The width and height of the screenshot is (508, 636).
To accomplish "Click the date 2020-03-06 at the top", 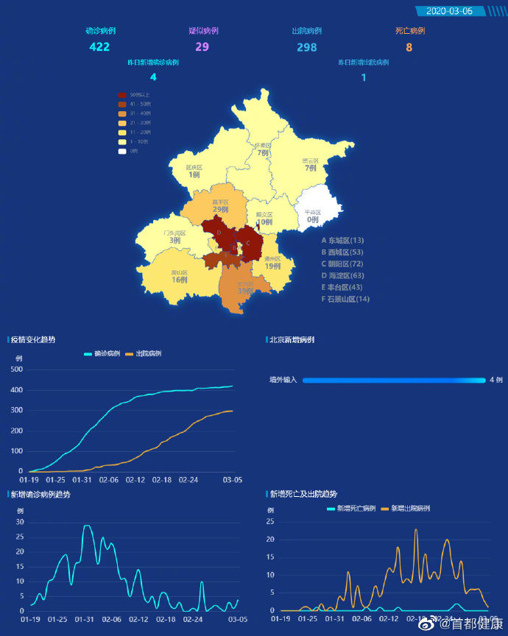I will [x=450, y=11].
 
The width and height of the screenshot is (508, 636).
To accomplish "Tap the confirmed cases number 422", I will [x=99, y=47].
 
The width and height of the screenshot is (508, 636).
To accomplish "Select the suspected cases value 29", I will [x=202, y=47].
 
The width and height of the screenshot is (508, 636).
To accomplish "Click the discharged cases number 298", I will [x=306, y=47].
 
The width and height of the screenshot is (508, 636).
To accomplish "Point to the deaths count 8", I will [x=409, y=47].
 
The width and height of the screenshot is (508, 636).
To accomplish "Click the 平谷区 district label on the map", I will [x=314, y=212].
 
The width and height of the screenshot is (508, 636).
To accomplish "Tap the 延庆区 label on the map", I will [x=194, y=167].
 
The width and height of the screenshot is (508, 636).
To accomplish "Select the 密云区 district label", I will [x=310, y=160].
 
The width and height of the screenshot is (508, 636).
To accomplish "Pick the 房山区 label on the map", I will [x=180, y=272].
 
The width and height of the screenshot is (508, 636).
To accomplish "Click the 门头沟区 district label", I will [x=174, y=233].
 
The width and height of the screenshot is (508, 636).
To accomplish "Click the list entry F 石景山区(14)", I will [x=345, y=299].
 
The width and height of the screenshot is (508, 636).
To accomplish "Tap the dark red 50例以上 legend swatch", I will [x=122, y=95].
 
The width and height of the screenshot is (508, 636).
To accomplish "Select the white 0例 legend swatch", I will [x=122, y=151].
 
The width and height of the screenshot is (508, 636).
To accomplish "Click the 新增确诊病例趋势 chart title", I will [x=41, y=495].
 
